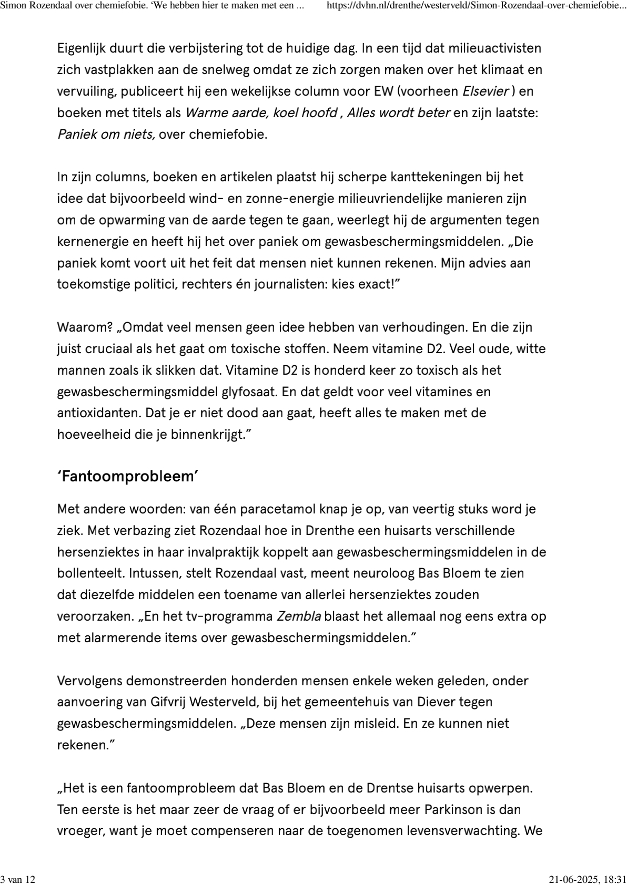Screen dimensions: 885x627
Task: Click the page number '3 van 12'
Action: [x=18, y=879]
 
